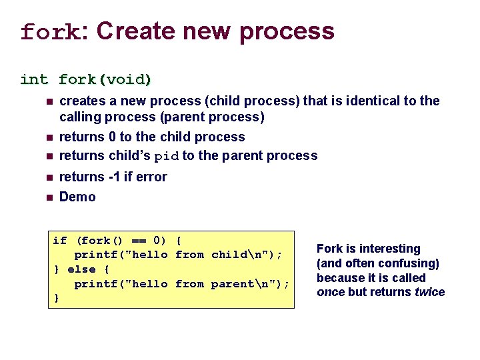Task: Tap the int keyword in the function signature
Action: [34, 80]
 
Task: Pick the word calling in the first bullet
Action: [80, 117]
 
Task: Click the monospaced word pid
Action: [167, 157]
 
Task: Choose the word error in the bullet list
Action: [151, 177]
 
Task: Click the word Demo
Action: [77, 197]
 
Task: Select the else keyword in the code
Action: [83, 269]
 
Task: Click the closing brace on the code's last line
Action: [56, 299]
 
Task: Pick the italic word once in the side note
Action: [331, 293]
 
